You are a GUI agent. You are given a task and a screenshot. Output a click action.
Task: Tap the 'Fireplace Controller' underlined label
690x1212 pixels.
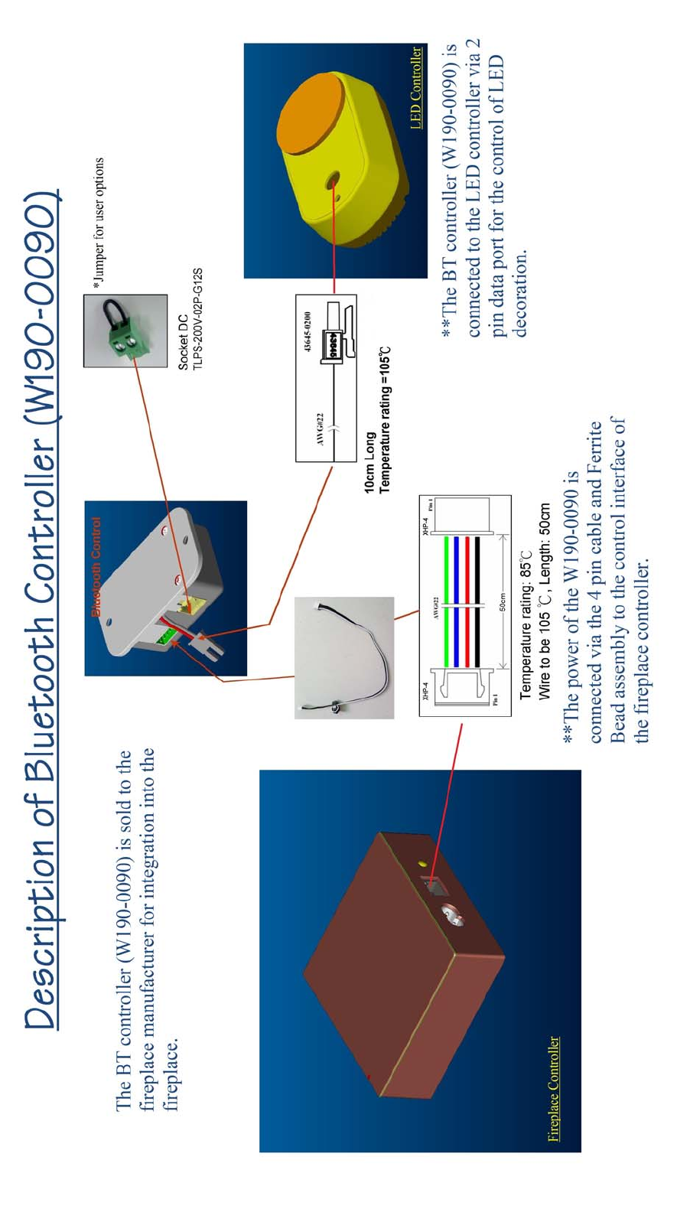pyautogui.click(x=554, y=1089)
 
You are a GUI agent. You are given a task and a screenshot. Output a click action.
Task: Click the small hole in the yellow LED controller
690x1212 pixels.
pyautogui.click(x=332, y=181)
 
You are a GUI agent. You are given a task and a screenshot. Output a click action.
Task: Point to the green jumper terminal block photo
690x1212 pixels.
pyautogui.click(x=125, y=331)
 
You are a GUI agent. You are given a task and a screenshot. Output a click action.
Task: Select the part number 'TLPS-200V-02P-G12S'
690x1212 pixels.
pyautogui.click(x=197, y=319)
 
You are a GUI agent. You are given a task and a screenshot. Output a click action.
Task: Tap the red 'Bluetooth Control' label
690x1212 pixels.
pyautogui.click(x=96, y=567)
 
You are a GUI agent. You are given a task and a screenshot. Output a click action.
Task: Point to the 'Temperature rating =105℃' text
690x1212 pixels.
pyautogui.click(x=385, y=419)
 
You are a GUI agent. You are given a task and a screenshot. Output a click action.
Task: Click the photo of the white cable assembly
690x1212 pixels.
pyautogui.click(x=344, y=657)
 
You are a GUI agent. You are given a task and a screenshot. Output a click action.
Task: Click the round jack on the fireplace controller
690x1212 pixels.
pyautogui.click(x=452, y=914)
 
